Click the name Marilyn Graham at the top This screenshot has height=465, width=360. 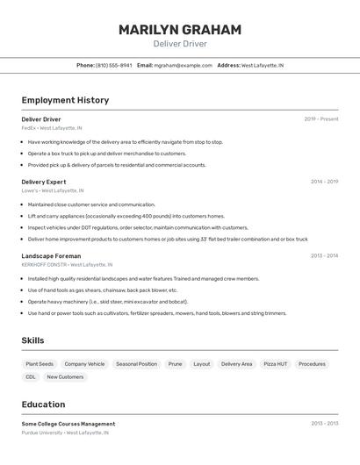pyautogui.click(x=180, y=30)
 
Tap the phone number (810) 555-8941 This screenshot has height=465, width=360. pyautogui.click(x=113, y=65)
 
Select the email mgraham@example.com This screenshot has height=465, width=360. pyautogui.click(x=183, y=65)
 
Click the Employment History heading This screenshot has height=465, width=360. pyautogui.click(x=65, y=100)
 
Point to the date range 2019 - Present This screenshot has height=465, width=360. pyautogui.click(x=321, y=119)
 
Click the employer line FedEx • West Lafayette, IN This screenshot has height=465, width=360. pyautogui.click(x=52, y=128)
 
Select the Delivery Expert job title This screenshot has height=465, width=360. pyautogui.click(x=44, y=182)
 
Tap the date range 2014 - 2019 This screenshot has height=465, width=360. pyautogui.click(x=324, y=182)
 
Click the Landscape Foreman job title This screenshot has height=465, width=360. pyautogui.click(x=51, y=256)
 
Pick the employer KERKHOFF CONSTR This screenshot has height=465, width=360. pyautogui.click(x=45, y=264)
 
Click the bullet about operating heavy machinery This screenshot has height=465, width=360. pyautogui.click(x=108, y=302)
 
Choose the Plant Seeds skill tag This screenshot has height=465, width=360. pyautogui.click(x=40, y=364)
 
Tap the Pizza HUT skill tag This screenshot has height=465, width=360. pyautogui.click(x=276, y=364)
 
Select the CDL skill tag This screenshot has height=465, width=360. pyautogui.click(x=31, y=377)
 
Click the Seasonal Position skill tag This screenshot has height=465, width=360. pyautogui.click(x=136, y=364)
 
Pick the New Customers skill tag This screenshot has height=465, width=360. pyautogui.click(x=65, y=377)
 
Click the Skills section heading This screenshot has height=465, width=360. pyautogui.click(x=32, y=340)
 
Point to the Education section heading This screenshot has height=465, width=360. pyautogui.click(x=43, y=404)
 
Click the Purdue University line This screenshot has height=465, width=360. pyautogui.click(x=65, y=433)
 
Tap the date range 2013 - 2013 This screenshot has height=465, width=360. pyautogui.click(x=324, y=424)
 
